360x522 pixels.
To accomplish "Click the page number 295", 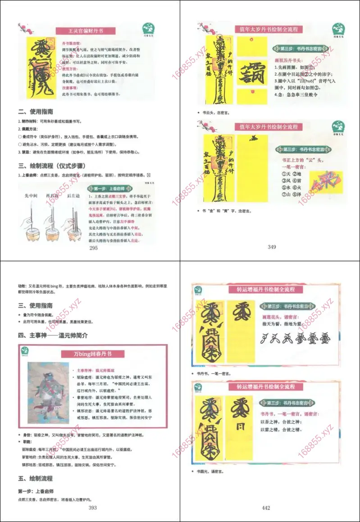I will pos(93,248).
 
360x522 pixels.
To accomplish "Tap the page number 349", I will pos(272,247).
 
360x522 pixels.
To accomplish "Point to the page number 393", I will pos(93,508).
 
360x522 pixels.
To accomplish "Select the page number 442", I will pos(266,508).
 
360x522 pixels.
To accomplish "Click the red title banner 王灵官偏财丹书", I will pos(85,31).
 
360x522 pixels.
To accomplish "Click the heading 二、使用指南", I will pos(35,112).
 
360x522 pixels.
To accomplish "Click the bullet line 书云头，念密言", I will pos(213,112).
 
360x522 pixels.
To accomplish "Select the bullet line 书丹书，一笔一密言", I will pos(214,373).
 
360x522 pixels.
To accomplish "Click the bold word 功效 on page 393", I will pos(22,286).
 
